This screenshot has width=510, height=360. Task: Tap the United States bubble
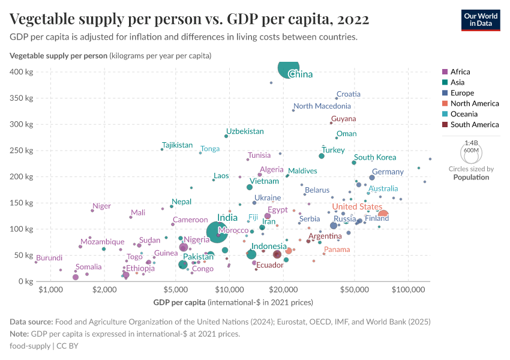(383, 215)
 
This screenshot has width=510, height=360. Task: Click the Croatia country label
(349, 94)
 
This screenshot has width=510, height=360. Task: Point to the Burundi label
(49, 258)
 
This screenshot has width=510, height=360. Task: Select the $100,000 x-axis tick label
(408, 290)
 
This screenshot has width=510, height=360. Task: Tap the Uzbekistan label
(245, 131)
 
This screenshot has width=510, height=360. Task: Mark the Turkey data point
(322, 156)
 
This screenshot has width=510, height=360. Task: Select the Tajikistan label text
(177, 145)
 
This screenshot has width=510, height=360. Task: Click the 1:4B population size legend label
(471, 143)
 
